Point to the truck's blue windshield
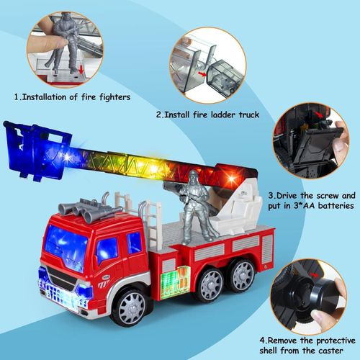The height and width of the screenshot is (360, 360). coord(66,248)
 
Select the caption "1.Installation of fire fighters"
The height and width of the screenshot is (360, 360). coord(71,96)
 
